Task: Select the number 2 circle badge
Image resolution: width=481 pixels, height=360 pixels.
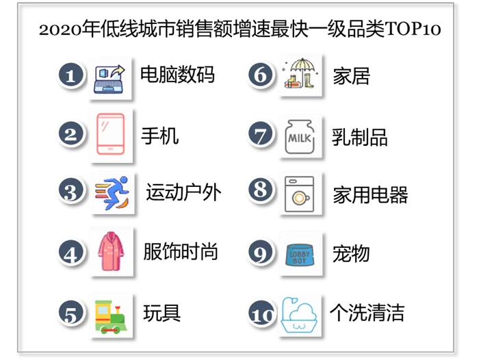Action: point(70,133)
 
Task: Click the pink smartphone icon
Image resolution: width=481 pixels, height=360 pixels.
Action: point(111,134)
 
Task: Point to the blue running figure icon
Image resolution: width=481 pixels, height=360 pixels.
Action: point(112,191)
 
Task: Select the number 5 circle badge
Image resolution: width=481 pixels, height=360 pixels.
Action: point(70,313)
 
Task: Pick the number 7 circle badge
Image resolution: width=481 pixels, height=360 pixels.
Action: point(260,133)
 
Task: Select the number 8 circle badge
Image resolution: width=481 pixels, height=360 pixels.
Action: point(260,190)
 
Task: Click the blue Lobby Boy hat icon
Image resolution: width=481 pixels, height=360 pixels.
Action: point(299,254)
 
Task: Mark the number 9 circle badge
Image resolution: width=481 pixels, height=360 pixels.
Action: point(260,253)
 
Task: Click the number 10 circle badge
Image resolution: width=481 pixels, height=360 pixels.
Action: point(261,314)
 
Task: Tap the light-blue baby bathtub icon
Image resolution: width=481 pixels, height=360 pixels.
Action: point(298,316)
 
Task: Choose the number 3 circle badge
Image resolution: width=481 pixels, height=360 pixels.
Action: point(70,191)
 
